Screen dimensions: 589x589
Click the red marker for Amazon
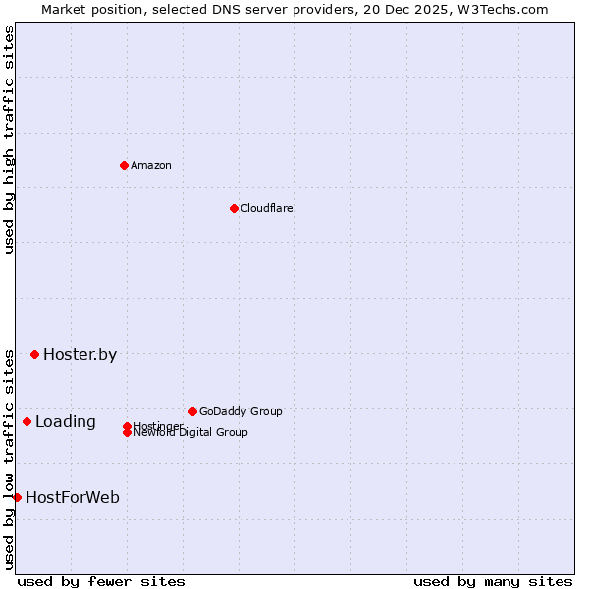point(124,165)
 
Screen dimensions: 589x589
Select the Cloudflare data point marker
point(234,208)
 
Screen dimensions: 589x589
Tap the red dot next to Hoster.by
point(34,354)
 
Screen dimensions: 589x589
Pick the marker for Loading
point(27,421)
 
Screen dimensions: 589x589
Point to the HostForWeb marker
point(17,497)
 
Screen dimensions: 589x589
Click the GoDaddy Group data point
point(192,411)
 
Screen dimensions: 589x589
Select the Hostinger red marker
point(127,426)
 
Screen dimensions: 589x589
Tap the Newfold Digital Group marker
point(127,433)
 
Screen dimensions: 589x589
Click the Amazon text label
point(151,165)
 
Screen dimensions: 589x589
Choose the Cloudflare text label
point(267,208)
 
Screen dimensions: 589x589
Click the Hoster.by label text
point(80,355)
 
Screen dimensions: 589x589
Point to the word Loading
point(66,422)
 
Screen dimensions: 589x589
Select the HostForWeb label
point(73,498)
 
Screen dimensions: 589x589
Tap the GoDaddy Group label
point(241,411)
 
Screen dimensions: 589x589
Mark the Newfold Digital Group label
point(191,433)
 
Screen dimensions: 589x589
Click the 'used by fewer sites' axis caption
point(101,581)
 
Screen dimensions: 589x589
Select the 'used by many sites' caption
point(493,581)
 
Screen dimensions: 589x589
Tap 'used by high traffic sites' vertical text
point(9,139)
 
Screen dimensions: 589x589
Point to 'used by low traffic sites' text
point(9,458)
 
